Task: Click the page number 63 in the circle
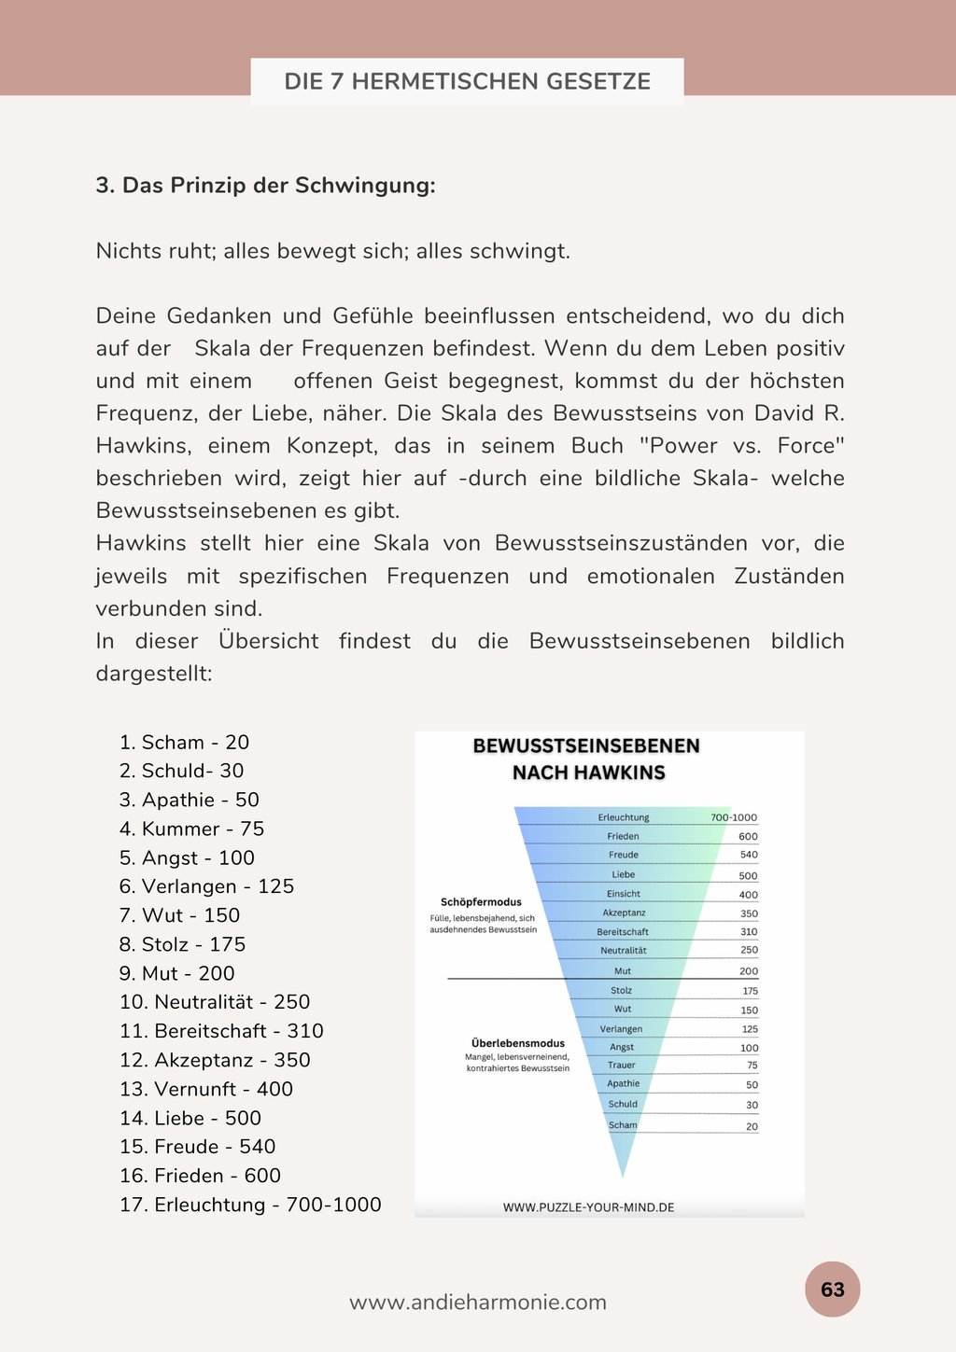[x=832, y=1289]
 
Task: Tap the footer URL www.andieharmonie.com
[x=478, y=1303]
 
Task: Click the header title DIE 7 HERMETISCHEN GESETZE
[x=467, y=81]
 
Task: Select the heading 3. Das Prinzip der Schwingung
[x=265, y=186]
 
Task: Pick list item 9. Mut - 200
[x=177, y=973]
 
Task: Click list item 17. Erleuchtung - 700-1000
[x=250, y=1205]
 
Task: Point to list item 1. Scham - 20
[x=185, y=743]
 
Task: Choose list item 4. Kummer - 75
[x=192, y=829]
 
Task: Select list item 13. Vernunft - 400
[x=206, y=1089]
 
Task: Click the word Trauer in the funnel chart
[x=622, y=1065]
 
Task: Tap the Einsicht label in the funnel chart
[x=624, y=894]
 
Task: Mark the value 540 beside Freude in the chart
[x=749, y=855]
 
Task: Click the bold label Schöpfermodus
[x=481, y=902]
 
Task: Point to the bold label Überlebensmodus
[x=518, y=1043]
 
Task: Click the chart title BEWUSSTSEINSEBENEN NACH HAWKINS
[x=587, y=759]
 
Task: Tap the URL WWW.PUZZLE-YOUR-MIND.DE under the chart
[x=588, y=1207]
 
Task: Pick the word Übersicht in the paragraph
[x=269, y=641]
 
